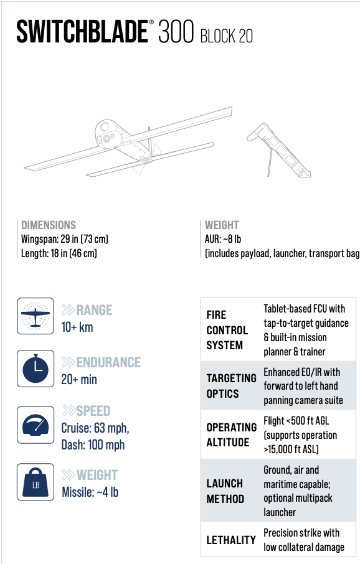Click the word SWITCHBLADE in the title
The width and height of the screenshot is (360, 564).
[82, 32]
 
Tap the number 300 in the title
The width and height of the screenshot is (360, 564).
[176, 32]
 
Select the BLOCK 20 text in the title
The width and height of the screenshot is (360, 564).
[227, 36]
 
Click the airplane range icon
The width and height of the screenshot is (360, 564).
[36, 316]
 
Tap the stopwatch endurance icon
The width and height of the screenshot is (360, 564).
[36, 369]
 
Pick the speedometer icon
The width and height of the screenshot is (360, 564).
[36, 425]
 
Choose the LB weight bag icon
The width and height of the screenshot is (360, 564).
[36, 482]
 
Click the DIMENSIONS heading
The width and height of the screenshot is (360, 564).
[49, 225]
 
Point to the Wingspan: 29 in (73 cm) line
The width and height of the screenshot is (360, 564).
[65, 239]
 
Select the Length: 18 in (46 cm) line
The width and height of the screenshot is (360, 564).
[59, 253]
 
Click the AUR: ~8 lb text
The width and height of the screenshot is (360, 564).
[223, 239]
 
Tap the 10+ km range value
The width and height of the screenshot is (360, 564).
[77, 327]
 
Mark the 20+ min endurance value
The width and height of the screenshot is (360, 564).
[79, 380]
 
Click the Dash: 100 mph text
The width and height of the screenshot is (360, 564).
[93, 445]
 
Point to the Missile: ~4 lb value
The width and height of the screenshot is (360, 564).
[90, 492]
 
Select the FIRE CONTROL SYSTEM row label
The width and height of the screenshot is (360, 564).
[227, 330]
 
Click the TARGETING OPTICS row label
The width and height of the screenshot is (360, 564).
[232, 386]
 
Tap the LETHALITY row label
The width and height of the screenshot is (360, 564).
[231, 540]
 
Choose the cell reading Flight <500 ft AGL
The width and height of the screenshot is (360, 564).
[296, 421]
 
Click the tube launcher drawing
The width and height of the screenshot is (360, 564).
[278, 149]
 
